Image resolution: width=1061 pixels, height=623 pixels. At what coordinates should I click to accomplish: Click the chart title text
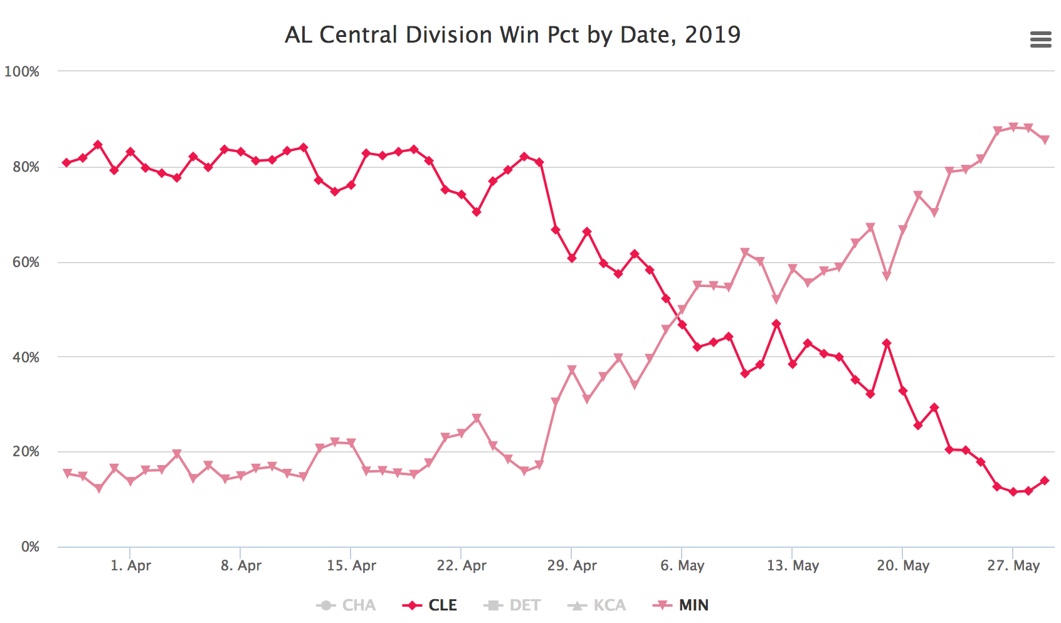click(512, 35)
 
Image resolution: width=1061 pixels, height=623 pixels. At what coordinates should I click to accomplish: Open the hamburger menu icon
click(1040, 40)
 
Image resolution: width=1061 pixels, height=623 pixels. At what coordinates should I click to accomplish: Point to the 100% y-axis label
click(22, 71)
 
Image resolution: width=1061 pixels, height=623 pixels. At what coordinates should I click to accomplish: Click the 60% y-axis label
click(26, 262)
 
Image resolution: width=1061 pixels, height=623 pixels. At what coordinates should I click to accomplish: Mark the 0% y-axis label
click(30, 547)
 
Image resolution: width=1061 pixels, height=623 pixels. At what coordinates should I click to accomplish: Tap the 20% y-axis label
click(26, 452)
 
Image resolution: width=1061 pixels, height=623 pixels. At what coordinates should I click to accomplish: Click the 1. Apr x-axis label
click(130, 566)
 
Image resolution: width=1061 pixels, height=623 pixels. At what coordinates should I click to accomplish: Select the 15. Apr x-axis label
click(351, 566)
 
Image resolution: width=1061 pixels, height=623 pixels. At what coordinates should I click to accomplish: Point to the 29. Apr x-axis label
click(572, 566)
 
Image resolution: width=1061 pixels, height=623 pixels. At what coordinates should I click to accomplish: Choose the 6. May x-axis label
click(682, 566)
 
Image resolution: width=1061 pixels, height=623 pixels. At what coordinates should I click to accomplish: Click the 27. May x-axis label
click(1013, 566)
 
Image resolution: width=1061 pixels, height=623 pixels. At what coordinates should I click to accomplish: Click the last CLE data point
click(1044, 481)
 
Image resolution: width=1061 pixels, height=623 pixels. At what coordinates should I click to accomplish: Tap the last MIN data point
click(1045, 140)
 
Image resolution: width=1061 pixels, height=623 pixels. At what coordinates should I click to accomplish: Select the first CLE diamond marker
click(66, 163)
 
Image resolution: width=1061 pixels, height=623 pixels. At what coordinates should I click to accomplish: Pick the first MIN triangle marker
click(67, 473)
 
